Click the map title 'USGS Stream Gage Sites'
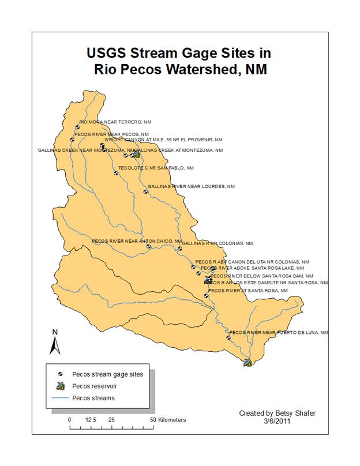click(178, 54)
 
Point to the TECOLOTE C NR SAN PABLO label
click(156, 168)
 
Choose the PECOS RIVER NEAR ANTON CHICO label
click(137, 240)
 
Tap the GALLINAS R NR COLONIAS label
click(217, 243)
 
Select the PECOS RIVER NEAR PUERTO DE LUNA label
click(279, 332)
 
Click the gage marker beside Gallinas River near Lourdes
click(145, 191)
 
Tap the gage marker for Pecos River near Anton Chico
click(148, 246)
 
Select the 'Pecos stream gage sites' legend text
click(107, 374)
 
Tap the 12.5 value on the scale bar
click(91, 420)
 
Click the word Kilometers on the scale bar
click(171, 420)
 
